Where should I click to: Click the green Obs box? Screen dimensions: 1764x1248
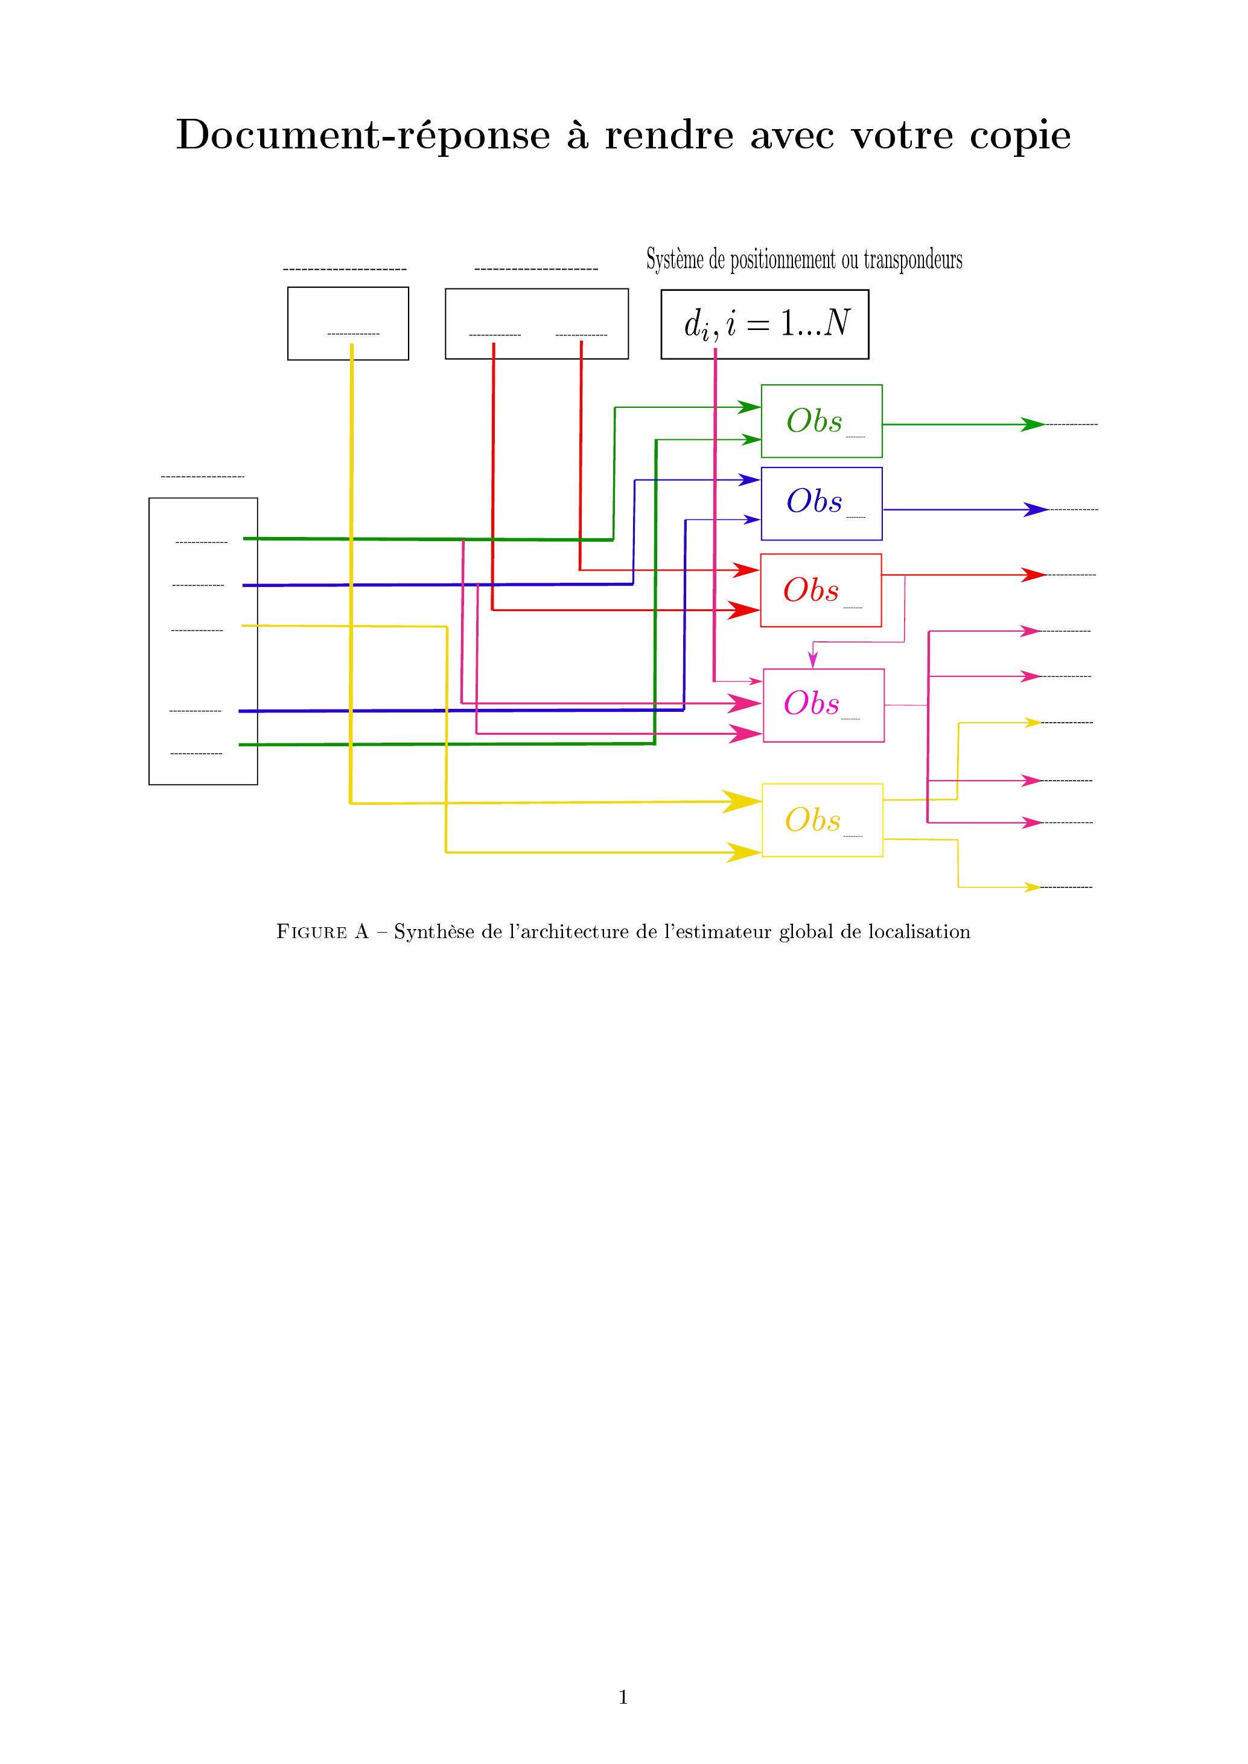pyautogui.click(x=821, y=421)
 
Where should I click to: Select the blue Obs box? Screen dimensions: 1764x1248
pyautogui.click(x=821, y=503)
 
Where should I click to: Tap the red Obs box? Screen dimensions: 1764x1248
pyautogui.click(x=820, y=590)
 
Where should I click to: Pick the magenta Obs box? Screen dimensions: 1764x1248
pyautogui.click(x=823, y=705)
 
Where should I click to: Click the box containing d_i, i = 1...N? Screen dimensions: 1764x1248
pyautogui.click(x=765, y=324)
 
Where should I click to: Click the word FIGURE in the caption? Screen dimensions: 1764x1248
pyautogui.click(x=311, y=932)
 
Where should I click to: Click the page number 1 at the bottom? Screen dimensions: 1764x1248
pyautogui.click(x=623, y=1696)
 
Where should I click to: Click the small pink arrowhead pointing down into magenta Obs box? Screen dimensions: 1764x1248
pyautogui.click(x=812, y=660)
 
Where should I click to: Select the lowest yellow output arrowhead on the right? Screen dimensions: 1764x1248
pyautogui.click(x=1033, y=887)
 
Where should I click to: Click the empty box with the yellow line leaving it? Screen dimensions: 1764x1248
pyautogui.click(x=348, y=323)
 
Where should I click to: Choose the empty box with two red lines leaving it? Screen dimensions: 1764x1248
pyautogui.click(x=536, y=323)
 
